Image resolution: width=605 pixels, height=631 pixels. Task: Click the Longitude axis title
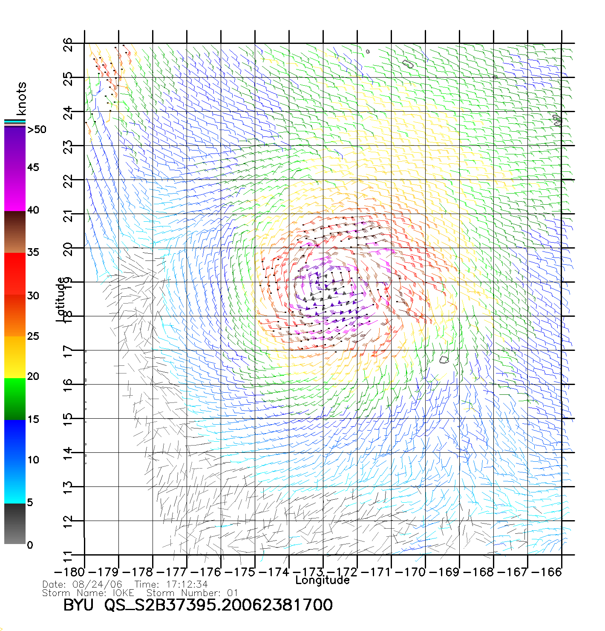pyautogui.click(x=323, y=580)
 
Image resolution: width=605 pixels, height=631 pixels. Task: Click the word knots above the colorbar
pyautogui.click(x=21, y=98)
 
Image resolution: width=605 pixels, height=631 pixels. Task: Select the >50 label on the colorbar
pyautogui.click(x=37, y=130)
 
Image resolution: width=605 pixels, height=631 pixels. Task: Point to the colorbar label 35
pyautogui.click(x=33, y=252)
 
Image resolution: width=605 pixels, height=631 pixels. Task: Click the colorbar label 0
pyautogui.click(x=30, y=545)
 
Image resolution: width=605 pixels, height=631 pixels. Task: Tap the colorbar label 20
pyautogui.click(x=33, y=376)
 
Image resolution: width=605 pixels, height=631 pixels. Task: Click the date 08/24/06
pyautogui.click(x=98, y=585)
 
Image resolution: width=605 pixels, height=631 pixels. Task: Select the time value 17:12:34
pyautogui.click(x=184, y=585)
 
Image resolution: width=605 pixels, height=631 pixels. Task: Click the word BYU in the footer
pyautogui.click(x=78, y=605)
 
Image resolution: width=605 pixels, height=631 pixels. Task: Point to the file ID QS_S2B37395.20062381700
pyautogui.click(x=219, y=605)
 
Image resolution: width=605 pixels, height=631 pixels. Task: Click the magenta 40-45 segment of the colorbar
pyautogui.click(x=15, y=190)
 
